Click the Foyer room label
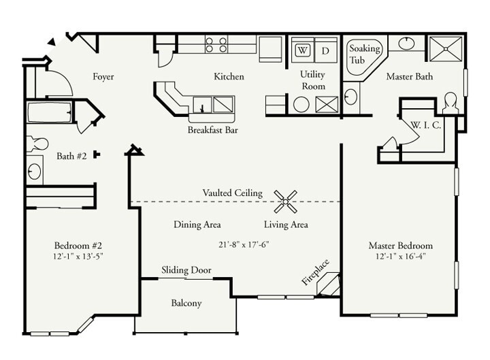(x=103, y=77)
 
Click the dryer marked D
(x=325, y=50)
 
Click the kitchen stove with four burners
(x=216, y=45)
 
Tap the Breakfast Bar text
(x=212, y=129)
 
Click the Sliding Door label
(x=186, y=270)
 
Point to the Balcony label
(x=186, y=303)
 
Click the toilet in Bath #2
(x=37, y=144)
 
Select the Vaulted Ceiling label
(x=232, y=193)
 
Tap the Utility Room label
(x=312, y=80)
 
